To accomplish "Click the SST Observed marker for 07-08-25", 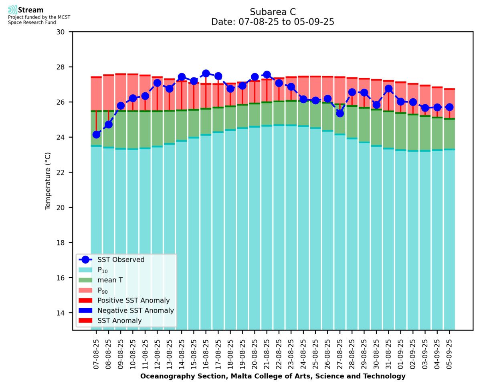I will (96, 134).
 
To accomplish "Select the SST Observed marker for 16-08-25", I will (206, 73).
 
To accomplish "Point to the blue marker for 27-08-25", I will (340, 113).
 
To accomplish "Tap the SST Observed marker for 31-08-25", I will (388, 89).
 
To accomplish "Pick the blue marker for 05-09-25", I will (449, 107).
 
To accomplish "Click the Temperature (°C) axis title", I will (48, 181).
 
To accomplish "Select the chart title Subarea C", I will (273, 12).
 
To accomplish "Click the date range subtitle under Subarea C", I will (273, 22).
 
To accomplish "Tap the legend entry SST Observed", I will (121, 260).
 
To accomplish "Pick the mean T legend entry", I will (110, 280).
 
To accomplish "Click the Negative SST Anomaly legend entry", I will (135, 311).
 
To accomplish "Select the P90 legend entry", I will (103, 290).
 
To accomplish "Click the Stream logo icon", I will (12, 10).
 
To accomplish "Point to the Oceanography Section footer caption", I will (273, 376).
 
